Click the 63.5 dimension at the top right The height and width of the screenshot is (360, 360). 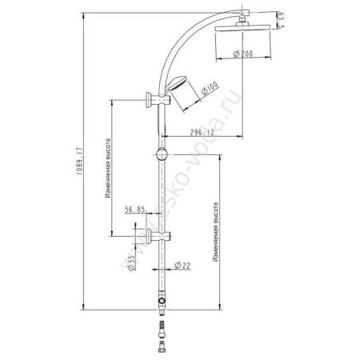[280, 18]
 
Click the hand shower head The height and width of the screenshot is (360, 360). [181, 83]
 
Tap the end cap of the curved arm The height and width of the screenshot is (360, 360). [253, 11]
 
